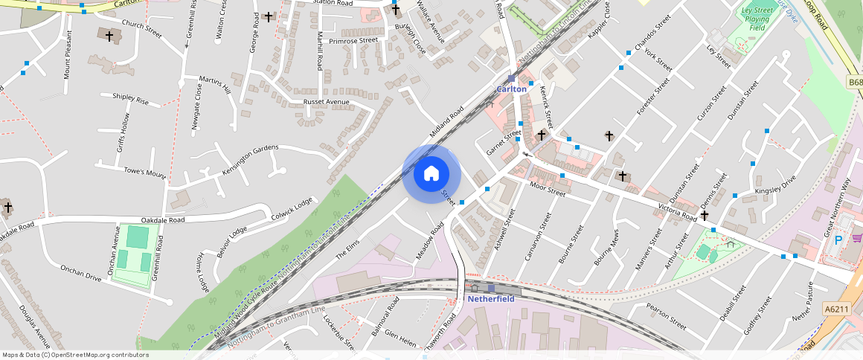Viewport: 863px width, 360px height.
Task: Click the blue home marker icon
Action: tap(431, 174)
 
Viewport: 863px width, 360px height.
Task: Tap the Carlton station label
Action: tap(511, 89)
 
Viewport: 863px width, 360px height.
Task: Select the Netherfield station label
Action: tap(490, 299)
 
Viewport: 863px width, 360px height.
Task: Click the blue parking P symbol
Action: tap(838, 240)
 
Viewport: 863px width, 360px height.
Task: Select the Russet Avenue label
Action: tap(326, 101)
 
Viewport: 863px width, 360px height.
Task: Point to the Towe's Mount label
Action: tap(145, 173)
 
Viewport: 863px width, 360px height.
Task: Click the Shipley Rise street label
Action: tap(130, 99)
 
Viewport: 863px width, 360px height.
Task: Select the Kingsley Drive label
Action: tap(775, 187)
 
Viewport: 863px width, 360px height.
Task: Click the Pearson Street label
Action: tap(666, 315)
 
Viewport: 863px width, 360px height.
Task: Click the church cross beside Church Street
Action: tap(109, 35)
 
